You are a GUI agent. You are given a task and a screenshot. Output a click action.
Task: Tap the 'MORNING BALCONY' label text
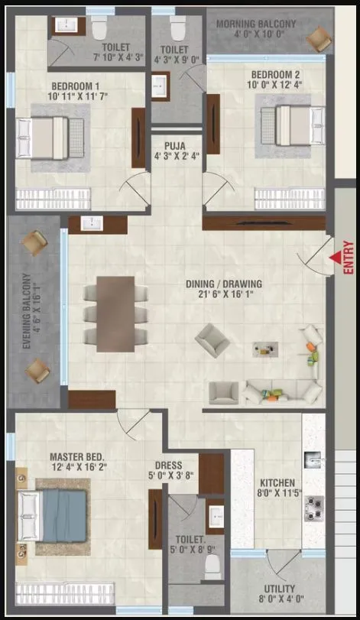[x=255, y=24]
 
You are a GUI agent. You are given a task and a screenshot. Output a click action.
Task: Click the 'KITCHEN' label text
[x=276, y=483]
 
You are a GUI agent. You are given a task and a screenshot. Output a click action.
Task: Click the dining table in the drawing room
[x=116, y=313]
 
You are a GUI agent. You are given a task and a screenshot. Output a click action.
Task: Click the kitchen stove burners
[x=313, y=506]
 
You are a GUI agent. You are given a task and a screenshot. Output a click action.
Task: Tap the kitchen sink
[x=314, y=461]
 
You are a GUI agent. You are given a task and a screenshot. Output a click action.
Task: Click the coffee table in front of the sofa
[x=265, y=349]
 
